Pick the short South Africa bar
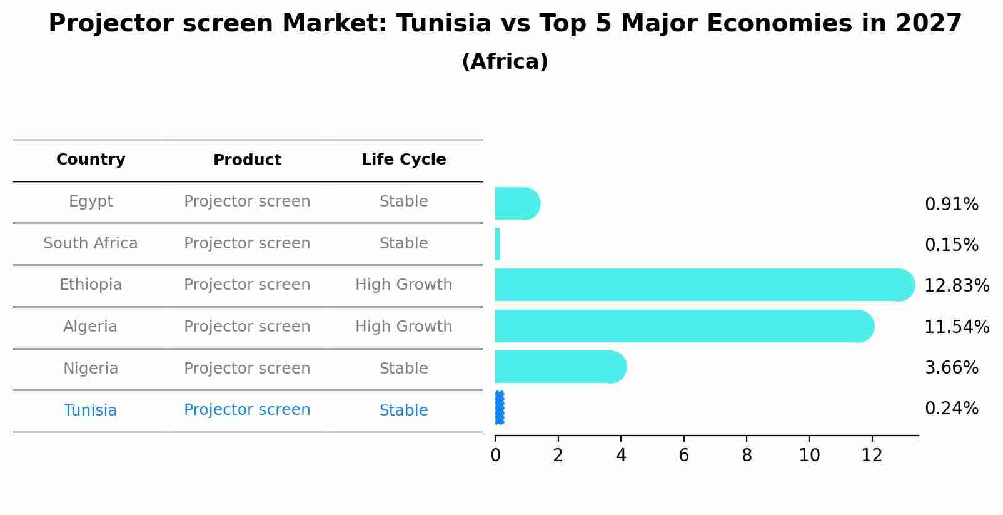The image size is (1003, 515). tap(498, 244)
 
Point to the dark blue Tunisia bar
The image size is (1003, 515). tap(499, 408)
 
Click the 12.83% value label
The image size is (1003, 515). tap(956, 286)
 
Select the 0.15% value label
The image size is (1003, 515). tap(951, 245)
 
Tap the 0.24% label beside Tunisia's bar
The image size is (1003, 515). tap(951, 409)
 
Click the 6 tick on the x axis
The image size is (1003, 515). tap(683, 456)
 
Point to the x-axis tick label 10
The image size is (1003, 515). tap(809, 456)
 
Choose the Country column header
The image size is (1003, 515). tap(91, 160)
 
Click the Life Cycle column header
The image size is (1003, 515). tap(403, 160)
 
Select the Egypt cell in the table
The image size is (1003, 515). tap(91, 201)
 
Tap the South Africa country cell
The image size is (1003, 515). tap(91, 243)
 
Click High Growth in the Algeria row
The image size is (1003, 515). tap(403, 327)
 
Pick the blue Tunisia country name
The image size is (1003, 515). tap(91, 410)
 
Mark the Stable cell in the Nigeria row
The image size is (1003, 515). tap(403, 369)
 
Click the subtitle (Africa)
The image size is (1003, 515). tap(505, 62)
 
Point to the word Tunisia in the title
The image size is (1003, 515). tap(443, 24)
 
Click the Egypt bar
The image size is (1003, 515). tap(516, 203)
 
